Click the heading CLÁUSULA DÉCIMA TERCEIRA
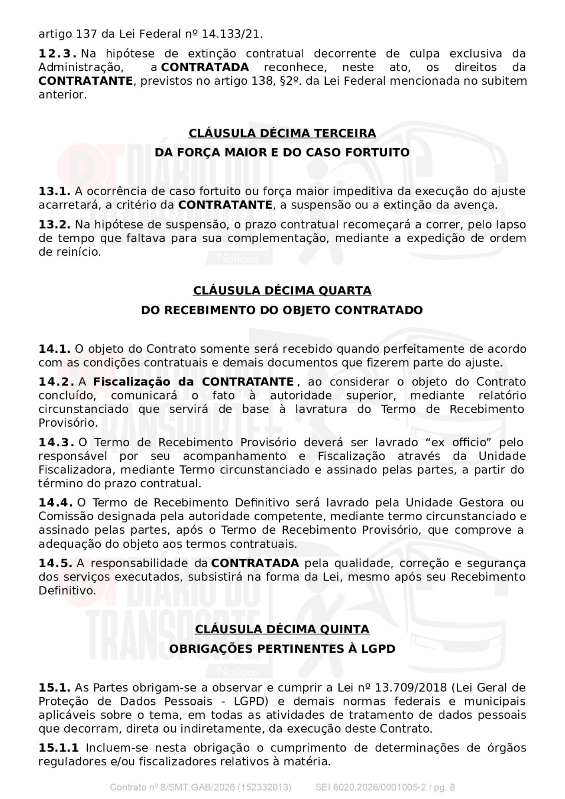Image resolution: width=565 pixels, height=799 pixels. tap(282, 133)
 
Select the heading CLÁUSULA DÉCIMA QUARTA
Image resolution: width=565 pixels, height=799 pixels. tap(282, 290)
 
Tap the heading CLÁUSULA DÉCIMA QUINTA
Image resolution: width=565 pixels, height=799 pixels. tap(282, 629)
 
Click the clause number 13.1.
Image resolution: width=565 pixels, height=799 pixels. tap(54, 191)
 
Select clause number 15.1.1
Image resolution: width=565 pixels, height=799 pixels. tap(59, 748)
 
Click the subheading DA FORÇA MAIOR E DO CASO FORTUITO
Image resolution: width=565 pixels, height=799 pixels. tap(282, 153)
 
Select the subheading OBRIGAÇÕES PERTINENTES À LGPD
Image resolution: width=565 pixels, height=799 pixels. tap(282, 649)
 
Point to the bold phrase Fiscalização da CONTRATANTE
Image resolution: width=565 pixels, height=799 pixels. tap(193, 382)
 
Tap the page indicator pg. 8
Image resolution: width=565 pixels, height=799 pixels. tap(444, 787)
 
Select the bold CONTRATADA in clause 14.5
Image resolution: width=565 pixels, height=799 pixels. tap(255, 563)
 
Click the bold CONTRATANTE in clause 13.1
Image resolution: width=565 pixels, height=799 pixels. tap(225, 205)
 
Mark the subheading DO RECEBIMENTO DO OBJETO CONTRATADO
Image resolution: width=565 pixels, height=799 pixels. tap(282, 310)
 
